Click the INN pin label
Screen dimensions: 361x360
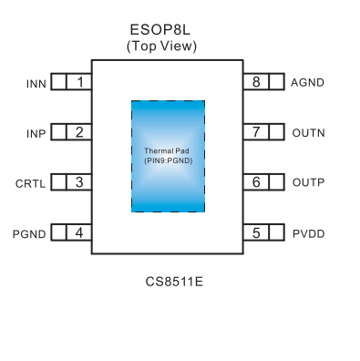[36, 84]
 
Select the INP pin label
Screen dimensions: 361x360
[36, 134]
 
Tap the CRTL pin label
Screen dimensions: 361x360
[32, 183]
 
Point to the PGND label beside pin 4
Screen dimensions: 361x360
[30, 233]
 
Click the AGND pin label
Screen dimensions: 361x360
[308, 83]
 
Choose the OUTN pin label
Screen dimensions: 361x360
[308, 133]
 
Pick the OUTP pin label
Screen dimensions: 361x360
[308, 183]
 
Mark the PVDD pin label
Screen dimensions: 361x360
[308, 233]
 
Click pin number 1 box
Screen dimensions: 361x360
[80, 83]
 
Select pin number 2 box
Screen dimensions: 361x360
[80, 133]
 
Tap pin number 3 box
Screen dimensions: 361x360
[80, 183]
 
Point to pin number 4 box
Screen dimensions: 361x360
[80, 233]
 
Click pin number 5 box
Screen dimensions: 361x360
[256, 233]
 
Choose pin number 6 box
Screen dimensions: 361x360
[256, 183]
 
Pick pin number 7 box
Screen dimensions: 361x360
[256, 133]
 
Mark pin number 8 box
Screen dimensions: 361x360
[256, 83]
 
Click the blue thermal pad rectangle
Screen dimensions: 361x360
[168, 156]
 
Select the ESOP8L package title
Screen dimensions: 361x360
[167, 30]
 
